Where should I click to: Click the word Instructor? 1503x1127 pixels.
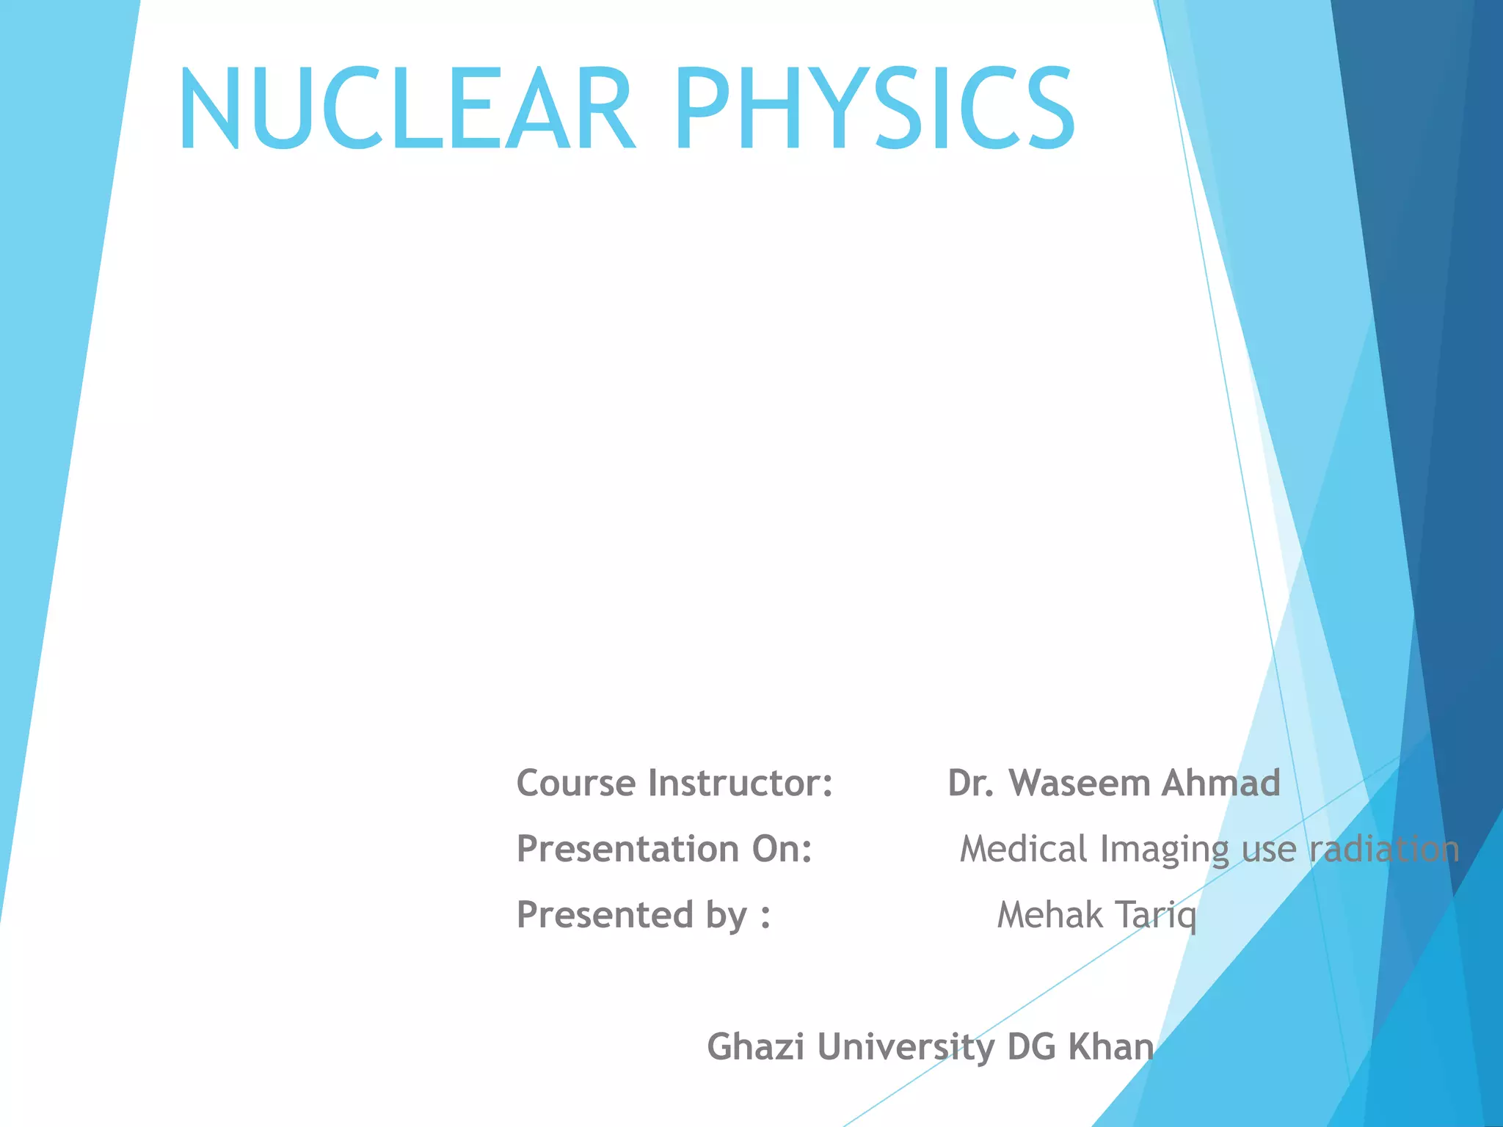[740, 783]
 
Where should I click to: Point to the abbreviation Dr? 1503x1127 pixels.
[970, 783]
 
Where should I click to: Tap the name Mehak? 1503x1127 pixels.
[1050, 916]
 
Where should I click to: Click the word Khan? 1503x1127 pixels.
[1110, 1046]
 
